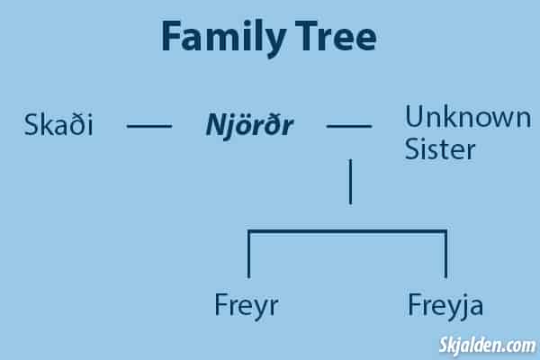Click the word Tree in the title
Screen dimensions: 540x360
(336, 36)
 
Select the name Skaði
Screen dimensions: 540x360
(58, 124)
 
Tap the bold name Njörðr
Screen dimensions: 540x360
(249, 126)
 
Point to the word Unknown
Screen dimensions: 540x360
(468, 117)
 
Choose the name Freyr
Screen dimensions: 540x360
(247, 306)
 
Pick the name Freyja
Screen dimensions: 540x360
(445, 306)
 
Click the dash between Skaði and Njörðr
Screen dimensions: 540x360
(149, 126)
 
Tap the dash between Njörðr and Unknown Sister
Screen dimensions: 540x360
(349, 126)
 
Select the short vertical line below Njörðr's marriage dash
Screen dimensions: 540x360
(351, 182)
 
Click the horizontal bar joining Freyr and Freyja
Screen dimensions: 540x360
(347, 231)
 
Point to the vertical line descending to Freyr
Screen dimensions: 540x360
(249, 254)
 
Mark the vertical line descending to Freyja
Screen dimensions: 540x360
(445, 254)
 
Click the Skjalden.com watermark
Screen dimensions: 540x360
(487, 346)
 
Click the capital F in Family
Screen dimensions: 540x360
(171, 36)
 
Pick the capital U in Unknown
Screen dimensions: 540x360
(415, 117)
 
